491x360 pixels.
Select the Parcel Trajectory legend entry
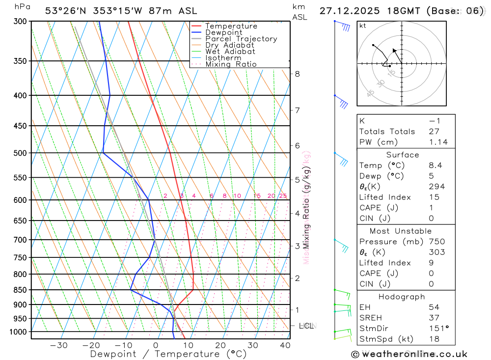click(x=241, y=39)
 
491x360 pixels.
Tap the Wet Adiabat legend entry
click(x=230, y=52)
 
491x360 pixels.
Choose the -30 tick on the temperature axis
click(x=59, y=345)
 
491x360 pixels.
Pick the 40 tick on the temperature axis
click(x=285, y=345)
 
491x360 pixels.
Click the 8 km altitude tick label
click(x=297, y=74)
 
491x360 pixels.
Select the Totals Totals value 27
click(x=434, y=132)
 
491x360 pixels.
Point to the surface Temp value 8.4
click(x=435, y=166)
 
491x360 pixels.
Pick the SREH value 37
click(x=434, y=318)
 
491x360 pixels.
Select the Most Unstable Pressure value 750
click(x=436, y=242)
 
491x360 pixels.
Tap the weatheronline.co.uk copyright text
click(x=409, y=354)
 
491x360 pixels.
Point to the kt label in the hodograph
click(x=363, y=26)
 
